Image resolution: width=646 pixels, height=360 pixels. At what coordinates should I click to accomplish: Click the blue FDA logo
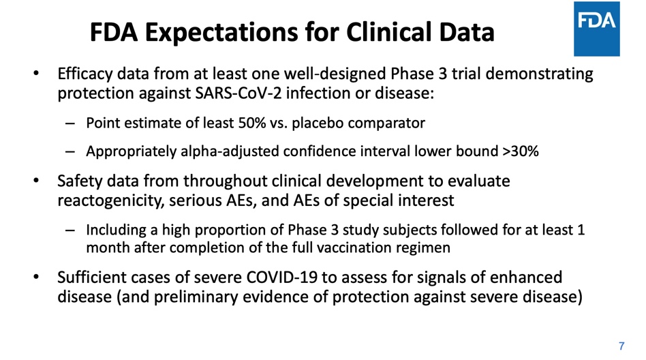[596, 29]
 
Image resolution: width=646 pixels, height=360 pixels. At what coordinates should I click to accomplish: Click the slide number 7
[621, 346]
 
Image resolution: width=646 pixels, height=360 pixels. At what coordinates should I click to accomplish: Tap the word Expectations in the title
[221, 33]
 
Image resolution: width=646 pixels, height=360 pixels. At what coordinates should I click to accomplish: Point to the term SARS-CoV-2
[239, 93]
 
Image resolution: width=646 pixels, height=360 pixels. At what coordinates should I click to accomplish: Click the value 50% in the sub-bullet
[251, 123]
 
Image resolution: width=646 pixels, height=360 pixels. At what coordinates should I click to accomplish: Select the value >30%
[521, 151]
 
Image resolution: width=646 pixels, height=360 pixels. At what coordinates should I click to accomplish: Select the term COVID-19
[282, 277]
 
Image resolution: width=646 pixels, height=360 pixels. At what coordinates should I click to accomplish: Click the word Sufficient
[92, 277]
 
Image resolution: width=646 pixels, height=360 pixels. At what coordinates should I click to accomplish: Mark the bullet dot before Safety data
[36, 181]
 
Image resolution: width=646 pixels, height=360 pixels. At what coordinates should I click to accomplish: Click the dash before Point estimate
[70, 123]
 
